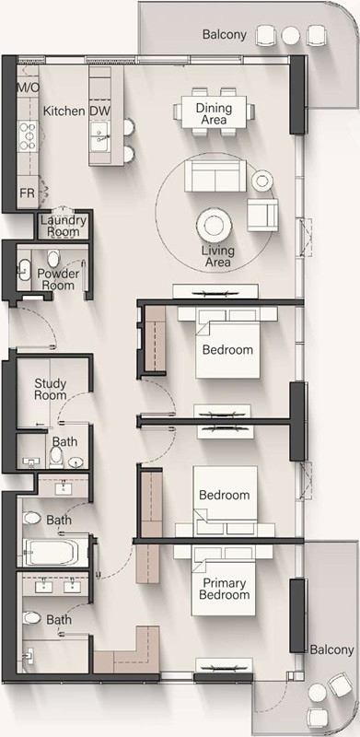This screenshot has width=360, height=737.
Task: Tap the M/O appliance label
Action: tap(28, 88)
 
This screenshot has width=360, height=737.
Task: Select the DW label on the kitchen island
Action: tap(99, 111)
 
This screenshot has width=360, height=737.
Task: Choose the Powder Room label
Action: tap(56, 280)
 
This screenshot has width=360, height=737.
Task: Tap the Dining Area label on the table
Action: tap(214, 113)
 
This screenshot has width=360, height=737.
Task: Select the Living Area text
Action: tap(217, 257)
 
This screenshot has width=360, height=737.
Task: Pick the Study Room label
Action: tap(51, 389)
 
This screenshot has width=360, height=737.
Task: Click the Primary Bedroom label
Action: tap(225, 589)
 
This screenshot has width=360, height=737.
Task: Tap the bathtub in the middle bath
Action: tap(53, 554)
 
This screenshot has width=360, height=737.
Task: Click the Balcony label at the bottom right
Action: tap(330, 649)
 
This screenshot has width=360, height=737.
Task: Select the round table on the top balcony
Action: tap(291, 35)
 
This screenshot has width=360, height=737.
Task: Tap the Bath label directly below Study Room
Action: tap(64, 442)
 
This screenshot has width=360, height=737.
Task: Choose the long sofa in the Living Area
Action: tap(215, 174)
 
